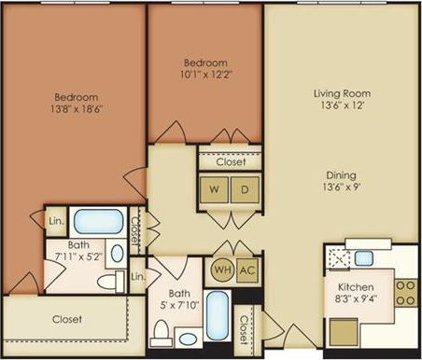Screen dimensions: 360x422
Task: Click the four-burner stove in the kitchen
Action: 405,293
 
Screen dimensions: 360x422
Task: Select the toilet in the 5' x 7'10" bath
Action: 162,331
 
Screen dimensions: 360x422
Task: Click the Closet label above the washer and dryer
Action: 230,161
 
